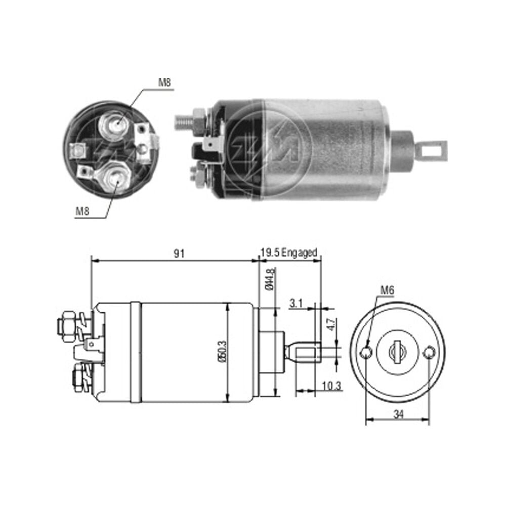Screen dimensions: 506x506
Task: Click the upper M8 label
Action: point(164,82)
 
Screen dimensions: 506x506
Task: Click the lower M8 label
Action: point(82,211)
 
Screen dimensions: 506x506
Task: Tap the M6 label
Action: point(387,290)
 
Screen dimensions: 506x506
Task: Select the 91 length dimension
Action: point(180,254)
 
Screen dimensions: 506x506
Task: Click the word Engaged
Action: point(299,252)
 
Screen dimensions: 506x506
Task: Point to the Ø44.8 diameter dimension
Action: point(270,278)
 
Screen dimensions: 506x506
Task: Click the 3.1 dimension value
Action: point(296,303)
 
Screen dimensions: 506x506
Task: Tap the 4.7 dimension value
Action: point(331,324)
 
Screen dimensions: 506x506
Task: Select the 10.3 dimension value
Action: point(331,386)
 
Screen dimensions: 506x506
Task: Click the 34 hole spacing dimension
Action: point(399,414)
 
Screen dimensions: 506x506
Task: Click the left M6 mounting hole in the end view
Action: point(366,352)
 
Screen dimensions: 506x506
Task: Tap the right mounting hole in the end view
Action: point(430,352)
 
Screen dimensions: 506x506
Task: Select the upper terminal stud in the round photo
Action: point(113,124)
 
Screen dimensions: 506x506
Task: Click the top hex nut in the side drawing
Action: point(69,326)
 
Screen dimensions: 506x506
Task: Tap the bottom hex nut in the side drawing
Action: point(78,377)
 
